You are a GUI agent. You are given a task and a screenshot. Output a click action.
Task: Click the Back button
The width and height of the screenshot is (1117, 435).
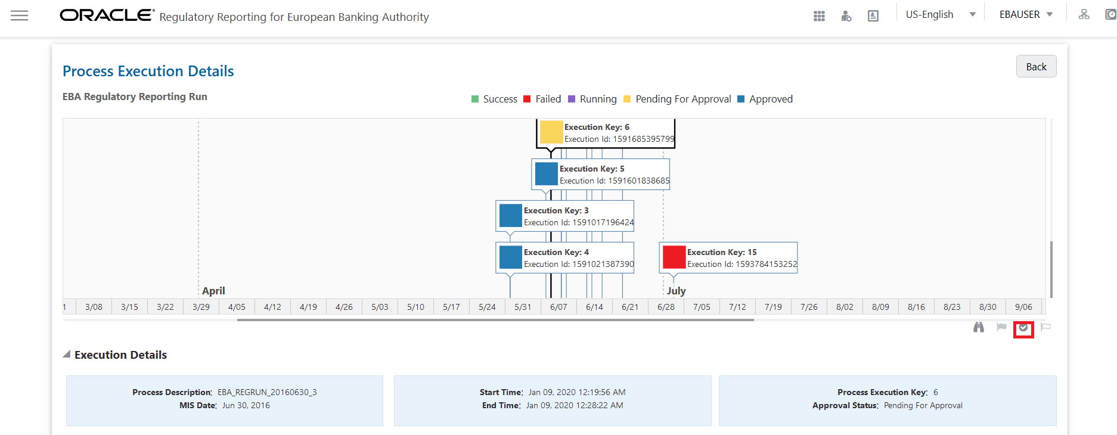(1036, 67)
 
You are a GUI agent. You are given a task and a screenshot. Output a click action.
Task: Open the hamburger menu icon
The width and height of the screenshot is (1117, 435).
(20, 15)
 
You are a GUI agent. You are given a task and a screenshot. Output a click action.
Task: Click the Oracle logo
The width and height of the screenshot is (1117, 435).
(107, 15)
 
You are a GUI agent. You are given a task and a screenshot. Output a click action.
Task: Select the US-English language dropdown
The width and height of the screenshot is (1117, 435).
(940, 14)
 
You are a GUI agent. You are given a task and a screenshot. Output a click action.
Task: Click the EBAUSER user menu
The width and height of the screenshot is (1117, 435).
(1026, 14)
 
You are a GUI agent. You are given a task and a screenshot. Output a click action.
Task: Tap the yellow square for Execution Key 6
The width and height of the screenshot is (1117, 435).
(551, 132)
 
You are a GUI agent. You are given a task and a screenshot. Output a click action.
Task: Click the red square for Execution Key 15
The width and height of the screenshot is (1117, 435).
(674, 257)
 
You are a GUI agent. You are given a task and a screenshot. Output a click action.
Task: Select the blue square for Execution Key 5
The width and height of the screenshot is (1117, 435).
(546, 174)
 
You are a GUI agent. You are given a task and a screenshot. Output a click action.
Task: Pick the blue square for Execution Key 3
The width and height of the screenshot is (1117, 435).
(510, 216)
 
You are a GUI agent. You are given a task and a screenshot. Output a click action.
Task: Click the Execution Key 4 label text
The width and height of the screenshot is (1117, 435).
(556, 252)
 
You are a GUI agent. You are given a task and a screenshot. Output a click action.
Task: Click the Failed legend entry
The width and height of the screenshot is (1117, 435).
(548, 99)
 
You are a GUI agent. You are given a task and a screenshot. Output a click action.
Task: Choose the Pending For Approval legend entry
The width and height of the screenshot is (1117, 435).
(682, 99)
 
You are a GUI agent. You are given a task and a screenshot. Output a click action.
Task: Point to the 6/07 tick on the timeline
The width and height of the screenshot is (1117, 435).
(558, 307)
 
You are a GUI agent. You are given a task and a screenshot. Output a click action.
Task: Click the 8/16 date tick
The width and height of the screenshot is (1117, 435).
(916, 307)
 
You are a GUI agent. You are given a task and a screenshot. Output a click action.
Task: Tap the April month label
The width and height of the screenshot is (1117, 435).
(213, 291)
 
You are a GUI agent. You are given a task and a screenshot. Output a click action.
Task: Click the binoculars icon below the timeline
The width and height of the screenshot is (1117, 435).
(978, 327)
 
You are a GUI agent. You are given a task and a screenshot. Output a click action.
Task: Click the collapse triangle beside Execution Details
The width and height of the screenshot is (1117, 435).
(67, 355)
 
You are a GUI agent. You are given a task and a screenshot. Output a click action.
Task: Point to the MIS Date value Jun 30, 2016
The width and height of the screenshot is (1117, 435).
(246, 405)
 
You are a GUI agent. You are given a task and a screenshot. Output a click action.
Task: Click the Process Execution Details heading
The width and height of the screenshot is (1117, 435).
(148, 71)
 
